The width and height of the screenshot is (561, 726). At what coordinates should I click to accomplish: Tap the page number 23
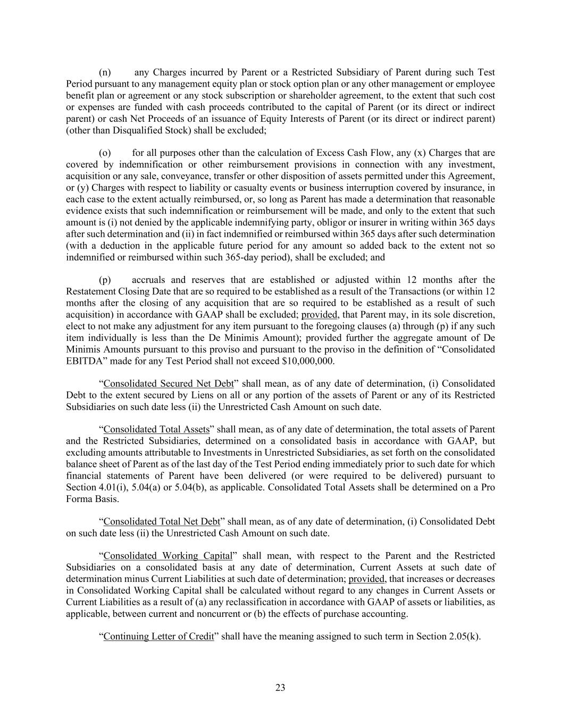click(280, 688)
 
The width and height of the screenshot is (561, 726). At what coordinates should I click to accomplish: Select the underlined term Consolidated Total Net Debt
click(162, 522)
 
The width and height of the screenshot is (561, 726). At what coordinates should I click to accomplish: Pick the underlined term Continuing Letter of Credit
click(158, 637)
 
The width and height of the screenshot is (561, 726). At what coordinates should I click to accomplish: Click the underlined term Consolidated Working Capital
click(168, 556)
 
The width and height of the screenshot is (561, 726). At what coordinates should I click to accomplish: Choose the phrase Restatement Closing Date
click(115, 292)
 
